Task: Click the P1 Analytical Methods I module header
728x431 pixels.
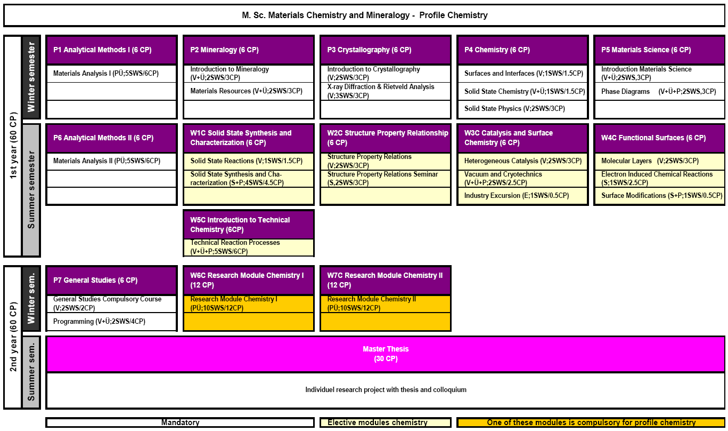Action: coord(111,50)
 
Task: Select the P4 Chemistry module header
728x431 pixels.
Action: coord(522,50)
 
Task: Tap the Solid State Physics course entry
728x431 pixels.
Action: coord(514,109)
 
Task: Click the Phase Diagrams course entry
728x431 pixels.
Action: coord(658,91)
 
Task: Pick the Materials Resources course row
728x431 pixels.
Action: coord(247,91)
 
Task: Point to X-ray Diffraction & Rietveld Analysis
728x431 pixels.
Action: coord(381,91)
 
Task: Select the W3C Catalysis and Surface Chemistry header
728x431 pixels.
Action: coord(522,138)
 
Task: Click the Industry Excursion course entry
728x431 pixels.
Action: coord(517,196)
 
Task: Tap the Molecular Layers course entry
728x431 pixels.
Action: coord(650,161)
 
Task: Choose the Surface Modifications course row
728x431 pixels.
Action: coord(662,196)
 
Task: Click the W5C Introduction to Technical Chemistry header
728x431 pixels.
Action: coord(249,225)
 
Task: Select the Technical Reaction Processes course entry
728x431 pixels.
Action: coord(235,247)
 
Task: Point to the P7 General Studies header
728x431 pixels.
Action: coord(111,280)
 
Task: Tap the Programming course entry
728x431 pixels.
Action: coord(99,322)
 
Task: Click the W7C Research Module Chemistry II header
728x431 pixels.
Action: coord(386,280)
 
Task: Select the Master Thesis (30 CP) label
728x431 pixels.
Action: coord(386,354)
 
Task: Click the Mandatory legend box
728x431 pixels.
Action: coord(180,422)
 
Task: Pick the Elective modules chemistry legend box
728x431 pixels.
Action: coord(386,422)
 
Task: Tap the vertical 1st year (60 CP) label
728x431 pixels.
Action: coord(13,146)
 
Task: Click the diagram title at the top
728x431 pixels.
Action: coord(364,15)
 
